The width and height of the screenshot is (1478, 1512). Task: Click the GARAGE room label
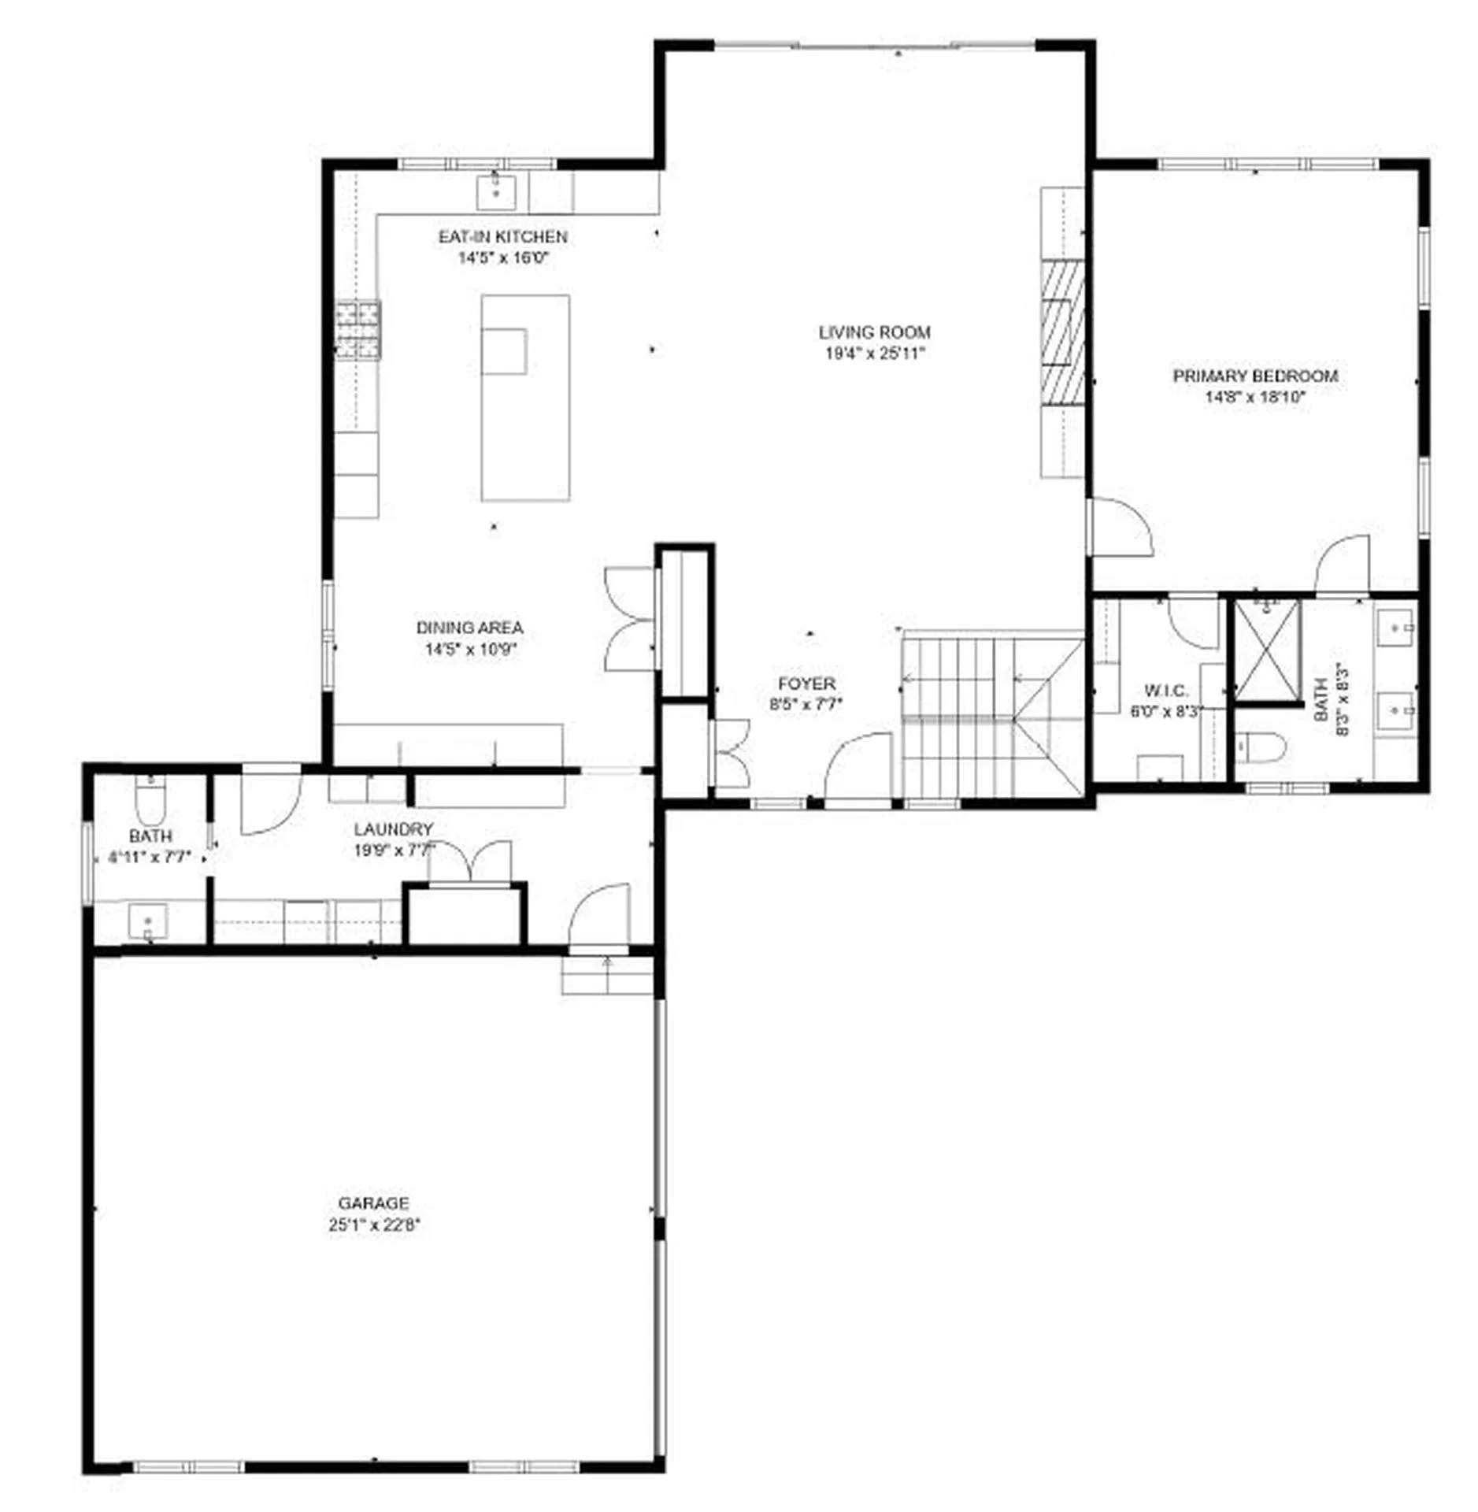click(x=373, y=1203)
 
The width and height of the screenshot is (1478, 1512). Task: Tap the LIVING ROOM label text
click(x=874, y=332)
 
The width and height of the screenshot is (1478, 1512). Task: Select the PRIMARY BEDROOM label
click(x=1255, y=376)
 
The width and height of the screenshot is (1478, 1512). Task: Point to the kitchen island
click(x=525, y=398)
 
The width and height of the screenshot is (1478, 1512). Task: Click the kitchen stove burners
click(x=358, y=330)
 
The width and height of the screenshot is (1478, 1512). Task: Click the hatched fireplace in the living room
click(x=1062, y=332)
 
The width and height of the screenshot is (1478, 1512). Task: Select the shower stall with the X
click(x=1266, y=650)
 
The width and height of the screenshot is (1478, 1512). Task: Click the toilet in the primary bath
click(x=1260, y=746)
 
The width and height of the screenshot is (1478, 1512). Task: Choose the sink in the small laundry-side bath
click(x=148, y=921)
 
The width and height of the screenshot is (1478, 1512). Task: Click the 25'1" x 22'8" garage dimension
click(x=375, y=1225)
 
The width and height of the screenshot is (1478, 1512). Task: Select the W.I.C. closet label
click(x=1166, y=691)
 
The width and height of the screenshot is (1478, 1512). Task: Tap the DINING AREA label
click(x=469, y=628)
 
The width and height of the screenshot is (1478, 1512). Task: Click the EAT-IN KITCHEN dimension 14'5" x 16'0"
click(x=502, y=258)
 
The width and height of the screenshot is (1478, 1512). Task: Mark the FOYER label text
click(x=806, y=684)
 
